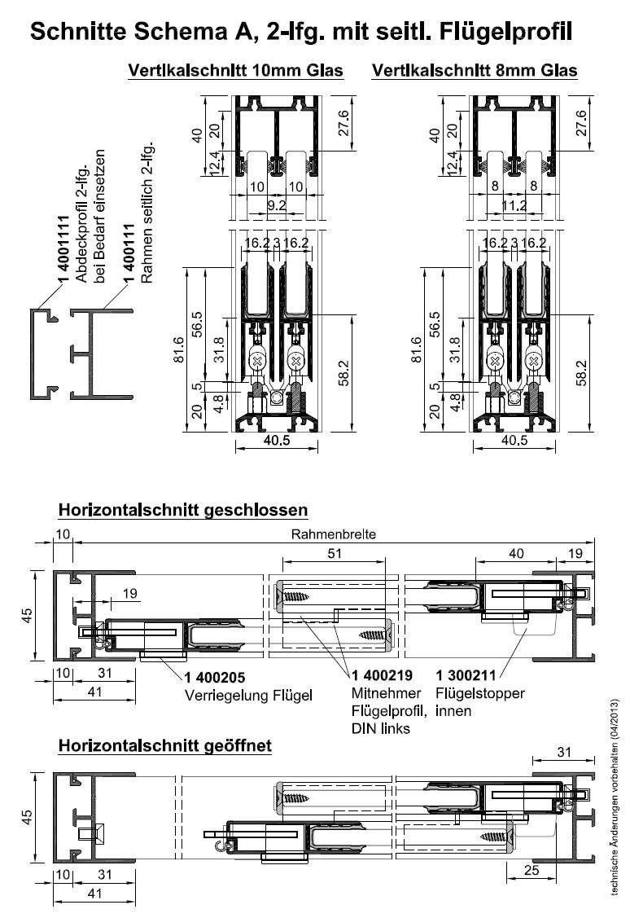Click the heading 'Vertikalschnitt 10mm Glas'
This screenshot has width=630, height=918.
[236, 72]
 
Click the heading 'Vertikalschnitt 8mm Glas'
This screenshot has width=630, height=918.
[474, 72]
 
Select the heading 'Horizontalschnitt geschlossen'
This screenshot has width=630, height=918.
[182, 511]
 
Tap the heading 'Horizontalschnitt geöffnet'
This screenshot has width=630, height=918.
[164, 746]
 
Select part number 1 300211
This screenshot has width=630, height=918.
[467, 675]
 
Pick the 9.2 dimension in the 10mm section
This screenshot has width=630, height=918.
[277, 207]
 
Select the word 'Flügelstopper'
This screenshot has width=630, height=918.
[480, 694]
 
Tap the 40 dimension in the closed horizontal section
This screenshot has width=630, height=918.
[516, 554]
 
